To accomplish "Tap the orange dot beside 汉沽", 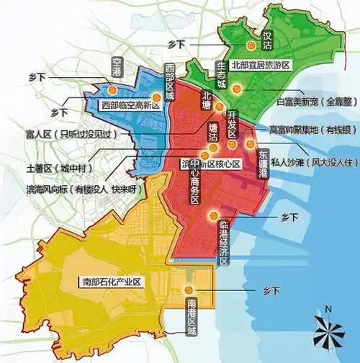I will point(251,45).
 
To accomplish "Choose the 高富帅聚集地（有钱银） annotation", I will point(310,130).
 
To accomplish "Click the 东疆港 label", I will point(263,163).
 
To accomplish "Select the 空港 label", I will point(117,66).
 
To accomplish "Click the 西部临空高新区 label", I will point(130,105).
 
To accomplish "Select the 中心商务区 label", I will point(197,184).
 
